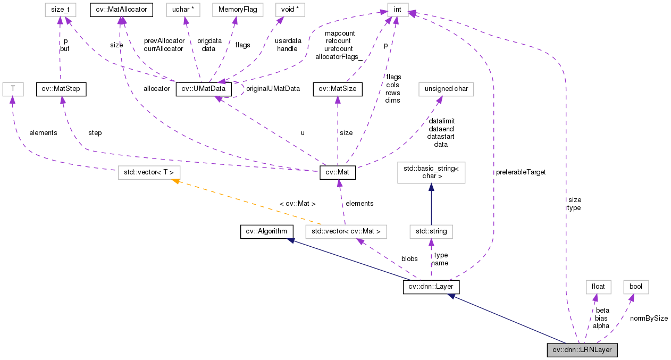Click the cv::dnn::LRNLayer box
tap(582, 350)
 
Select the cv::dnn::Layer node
tap(431, 287)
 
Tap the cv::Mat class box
tap(337, 173)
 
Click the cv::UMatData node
tap(204, 89)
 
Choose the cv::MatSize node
tap(338, 89)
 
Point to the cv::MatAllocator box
tap(121, 9)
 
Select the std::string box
tap(431, 231)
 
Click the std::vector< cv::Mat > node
tap(346, 231)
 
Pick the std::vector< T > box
tap(149, 173)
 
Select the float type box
tap(598, 287)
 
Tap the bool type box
tap(636, 287)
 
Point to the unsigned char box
tap(446, 89)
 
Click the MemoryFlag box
tap(234, 9)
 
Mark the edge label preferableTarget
tap(521, 172)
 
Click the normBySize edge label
tap(649, 319)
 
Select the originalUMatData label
tap(273, 89)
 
